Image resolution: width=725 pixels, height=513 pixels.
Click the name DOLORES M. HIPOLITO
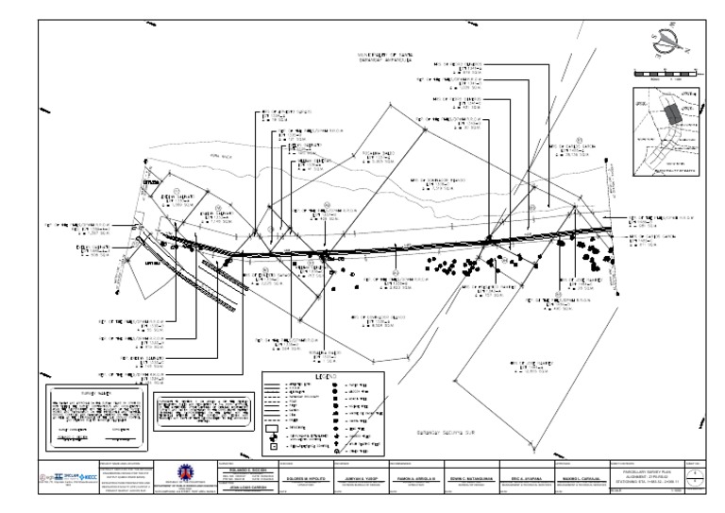[x=302, y=479]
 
